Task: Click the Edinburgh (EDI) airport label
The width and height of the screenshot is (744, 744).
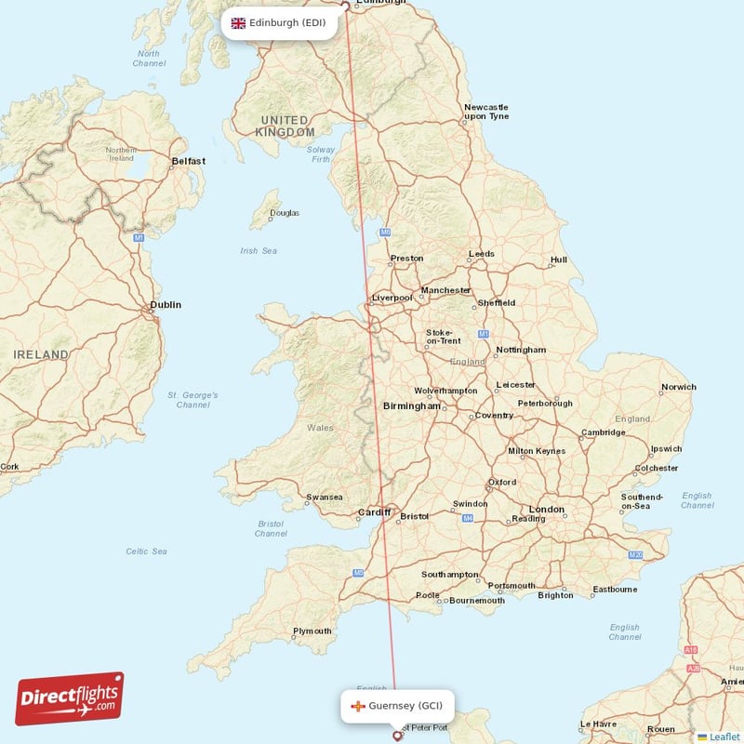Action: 286,22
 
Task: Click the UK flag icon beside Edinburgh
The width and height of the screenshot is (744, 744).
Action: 238,22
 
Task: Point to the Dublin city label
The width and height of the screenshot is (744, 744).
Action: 166,304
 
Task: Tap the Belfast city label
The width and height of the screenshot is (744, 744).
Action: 189,161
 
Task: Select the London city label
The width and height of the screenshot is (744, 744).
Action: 546,509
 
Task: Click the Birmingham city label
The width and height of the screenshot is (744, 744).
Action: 411,405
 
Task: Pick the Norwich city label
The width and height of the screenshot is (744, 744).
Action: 678,387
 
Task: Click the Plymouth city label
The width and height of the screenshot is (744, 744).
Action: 312,631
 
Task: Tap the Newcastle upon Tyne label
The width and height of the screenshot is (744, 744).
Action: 486,112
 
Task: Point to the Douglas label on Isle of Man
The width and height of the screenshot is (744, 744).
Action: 285,213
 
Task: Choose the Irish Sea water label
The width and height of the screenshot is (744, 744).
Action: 259,250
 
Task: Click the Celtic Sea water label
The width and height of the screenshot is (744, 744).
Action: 146,551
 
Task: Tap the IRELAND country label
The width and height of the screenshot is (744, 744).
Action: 41,354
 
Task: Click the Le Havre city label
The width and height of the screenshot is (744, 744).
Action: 598,724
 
